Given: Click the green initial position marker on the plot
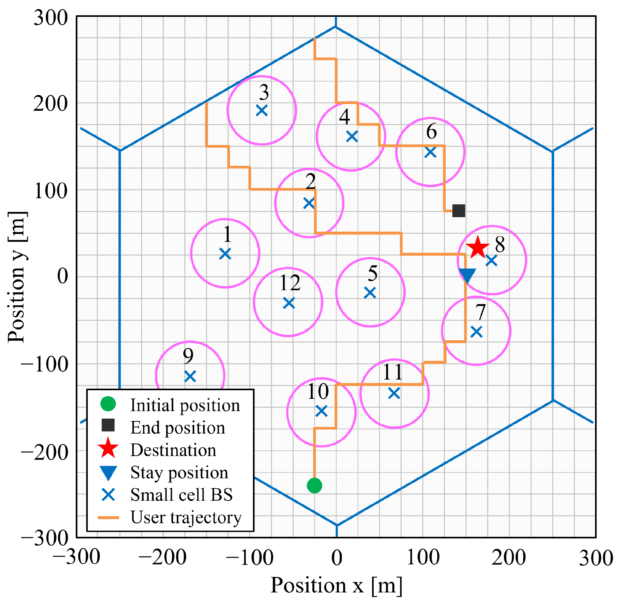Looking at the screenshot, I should [x=314, y=485].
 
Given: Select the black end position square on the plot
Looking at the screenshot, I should [x=459, y=210].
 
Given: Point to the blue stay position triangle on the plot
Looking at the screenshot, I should [x=467, y=275].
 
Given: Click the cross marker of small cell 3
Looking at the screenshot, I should [x=262, y=110].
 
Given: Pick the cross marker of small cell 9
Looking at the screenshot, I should [x=190, y=376].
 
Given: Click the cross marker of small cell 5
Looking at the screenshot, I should [x=370, y=293].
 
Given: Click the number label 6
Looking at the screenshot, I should [x=431, y=131].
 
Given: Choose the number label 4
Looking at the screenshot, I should [x=344, y=117].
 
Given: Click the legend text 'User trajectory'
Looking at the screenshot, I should [x=186, y=517].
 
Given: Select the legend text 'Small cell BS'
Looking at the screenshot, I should [x=181, y=495].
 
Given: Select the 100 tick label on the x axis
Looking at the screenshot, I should [x=423, y=557].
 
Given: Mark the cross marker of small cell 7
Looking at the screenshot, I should [x=476, y=332].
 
